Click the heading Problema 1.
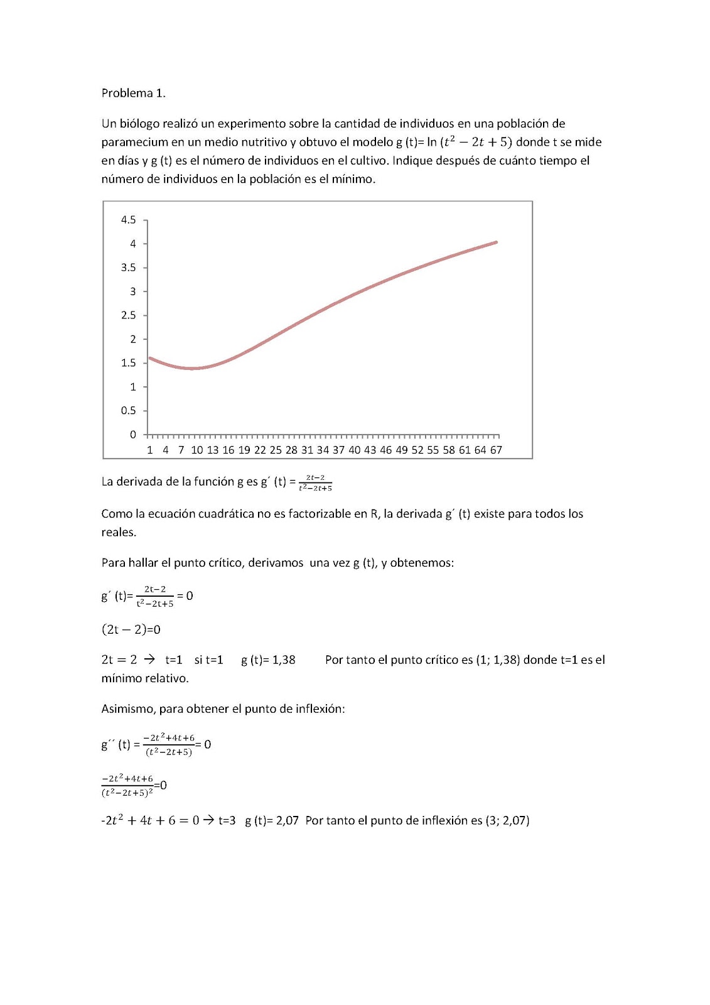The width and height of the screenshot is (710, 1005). [x=133, y=93]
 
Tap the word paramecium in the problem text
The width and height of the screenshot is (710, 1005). [x=134, y=142]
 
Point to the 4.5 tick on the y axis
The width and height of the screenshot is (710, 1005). [x=128, y=220]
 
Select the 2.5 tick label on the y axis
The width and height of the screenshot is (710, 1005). [x=128, y=315]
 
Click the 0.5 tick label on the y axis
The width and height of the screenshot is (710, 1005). [x=128, y=411]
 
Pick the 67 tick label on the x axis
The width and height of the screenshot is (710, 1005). [x=496, y=450]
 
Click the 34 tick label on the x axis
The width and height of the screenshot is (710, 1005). [x=323, y=450]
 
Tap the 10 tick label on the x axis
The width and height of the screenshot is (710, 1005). [x=197, y=450]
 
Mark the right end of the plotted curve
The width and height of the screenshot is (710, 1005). [x=497, y=242]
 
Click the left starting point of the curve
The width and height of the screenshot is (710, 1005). [x=149, y=358]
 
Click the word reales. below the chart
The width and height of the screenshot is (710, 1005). [x=119, y=532]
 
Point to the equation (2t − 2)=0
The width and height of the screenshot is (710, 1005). [x=131, y=629]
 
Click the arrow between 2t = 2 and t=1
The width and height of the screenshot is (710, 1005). [x=149, y=660]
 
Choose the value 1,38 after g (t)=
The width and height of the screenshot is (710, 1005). [x=284, y=660]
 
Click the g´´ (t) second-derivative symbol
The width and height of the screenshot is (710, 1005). [x=116, y=744]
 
